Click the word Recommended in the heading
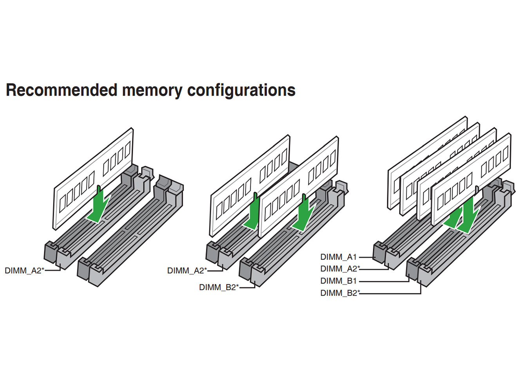click(x=61, y=90)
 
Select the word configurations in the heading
click(x=241, y=91)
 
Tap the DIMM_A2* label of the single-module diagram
click(x=25, y=270)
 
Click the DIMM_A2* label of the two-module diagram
click(x=187, y=270)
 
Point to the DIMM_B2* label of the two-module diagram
click(x=219, y=287)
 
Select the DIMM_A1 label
click(x=338, y=257)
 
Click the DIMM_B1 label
click(x=338, y=281)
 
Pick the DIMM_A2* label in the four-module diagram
click(x=340, y=269)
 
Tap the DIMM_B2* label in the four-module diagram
click(x=340, y=293)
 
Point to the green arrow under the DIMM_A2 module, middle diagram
click(x=253, y=214)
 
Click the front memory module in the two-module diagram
click(x=298, y=187)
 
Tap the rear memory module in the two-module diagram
click(x=250, y=186)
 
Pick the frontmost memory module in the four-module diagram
click(x=471, y=179)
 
